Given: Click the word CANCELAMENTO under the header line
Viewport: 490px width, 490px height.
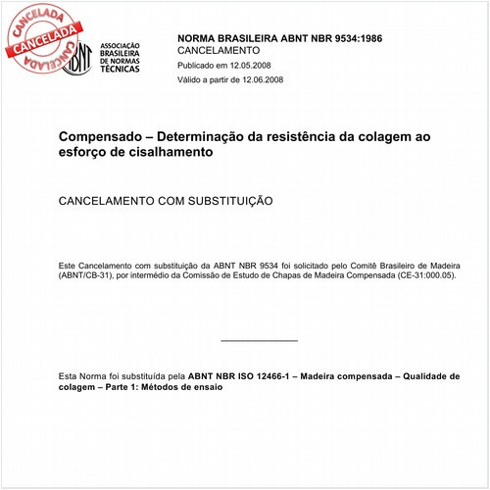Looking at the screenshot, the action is click(x=218, y=50).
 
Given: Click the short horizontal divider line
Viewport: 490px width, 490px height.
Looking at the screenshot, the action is click(x=259, y=340).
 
